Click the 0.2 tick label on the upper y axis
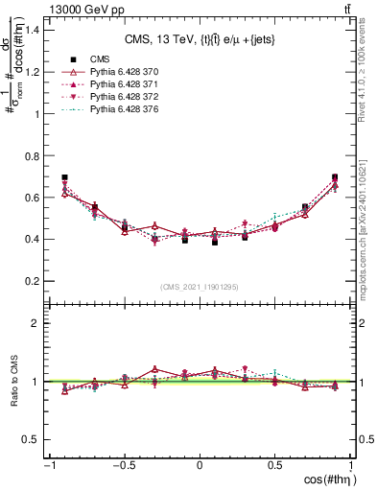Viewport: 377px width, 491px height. (32, 281)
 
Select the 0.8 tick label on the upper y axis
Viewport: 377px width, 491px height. (32, 155)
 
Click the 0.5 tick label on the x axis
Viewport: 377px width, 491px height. (275, 466)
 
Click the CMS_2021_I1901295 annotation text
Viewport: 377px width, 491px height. (199, 287)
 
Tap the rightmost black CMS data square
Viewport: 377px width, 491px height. (335, 177)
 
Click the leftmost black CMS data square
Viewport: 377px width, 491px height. (64, 177)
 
